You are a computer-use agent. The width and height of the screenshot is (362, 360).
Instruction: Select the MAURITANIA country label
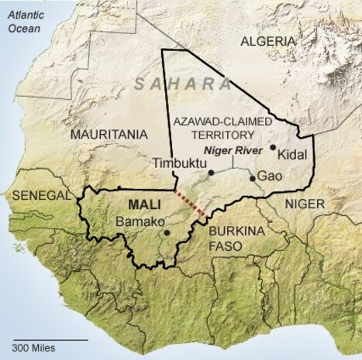[109, 134]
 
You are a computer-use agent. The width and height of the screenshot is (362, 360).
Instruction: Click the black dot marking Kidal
[273, 146]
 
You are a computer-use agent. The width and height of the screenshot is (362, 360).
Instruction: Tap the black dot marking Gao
[252, 178]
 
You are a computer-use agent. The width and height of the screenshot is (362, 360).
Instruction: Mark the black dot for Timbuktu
[210, 172]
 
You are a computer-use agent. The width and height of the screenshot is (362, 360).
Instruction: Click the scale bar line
[49, 338]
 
